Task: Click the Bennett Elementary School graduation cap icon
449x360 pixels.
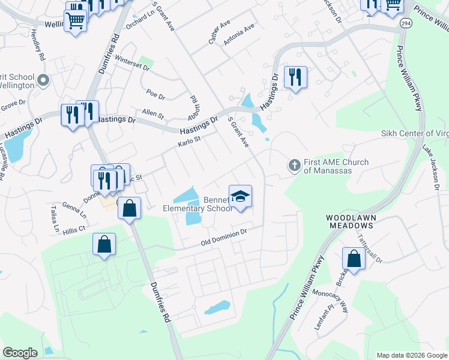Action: point(240,197)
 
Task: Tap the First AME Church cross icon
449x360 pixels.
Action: point(294,164)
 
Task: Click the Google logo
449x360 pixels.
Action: point(20,353)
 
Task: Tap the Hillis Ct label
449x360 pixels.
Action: point(75,228)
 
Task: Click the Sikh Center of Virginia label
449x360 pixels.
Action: point(415,133)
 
